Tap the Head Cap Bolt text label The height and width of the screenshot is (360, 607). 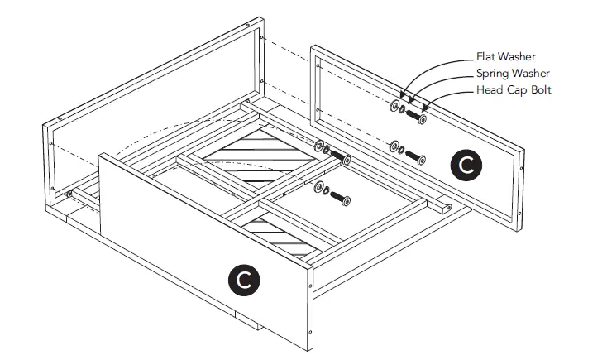coord(513,89)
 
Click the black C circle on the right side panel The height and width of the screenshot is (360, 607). coord(467,165)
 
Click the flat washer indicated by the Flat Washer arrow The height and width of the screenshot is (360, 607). coord(392,106)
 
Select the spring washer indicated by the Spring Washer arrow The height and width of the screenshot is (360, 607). coord(401,109)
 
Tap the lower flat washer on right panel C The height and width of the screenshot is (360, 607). coord(393,146)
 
